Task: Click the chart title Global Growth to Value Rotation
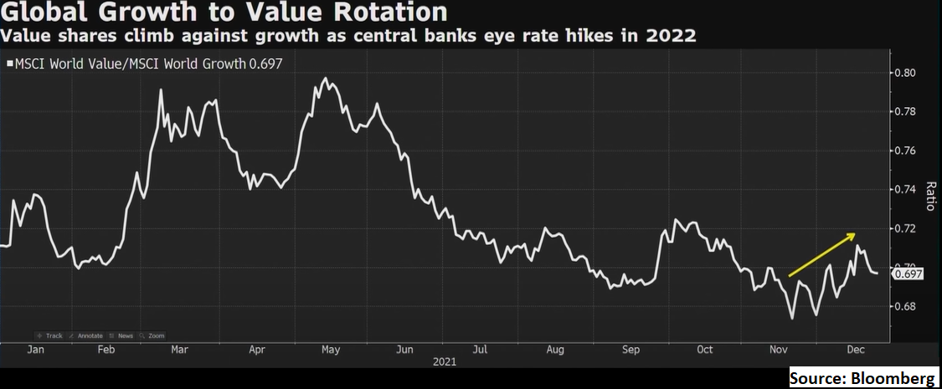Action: click(x=224, y=13)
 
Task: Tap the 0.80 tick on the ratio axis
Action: click(x=905, y=73)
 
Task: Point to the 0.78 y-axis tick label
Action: click(x=905, y=111)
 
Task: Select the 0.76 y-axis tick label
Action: click(x=905, y=151)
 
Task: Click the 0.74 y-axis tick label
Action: click(x=905, y=190)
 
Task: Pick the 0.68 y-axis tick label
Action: click(x=905, y=307)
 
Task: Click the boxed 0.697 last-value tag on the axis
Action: click(x=908, y=274)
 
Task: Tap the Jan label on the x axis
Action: click(x=35, y=351)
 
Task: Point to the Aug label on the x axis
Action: click(x=555, y=351)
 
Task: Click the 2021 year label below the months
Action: click(x=445, y=362)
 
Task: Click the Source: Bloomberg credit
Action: click(x=862, y=378)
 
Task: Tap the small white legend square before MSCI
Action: click(x=10, y=63)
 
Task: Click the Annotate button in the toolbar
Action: click(x=87, y=336)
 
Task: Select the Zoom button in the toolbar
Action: click(x=153, y=336)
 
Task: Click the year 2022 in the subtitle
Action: click(x=673, y=37)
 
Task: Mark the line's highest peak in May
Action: click(x=326, y=79)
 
